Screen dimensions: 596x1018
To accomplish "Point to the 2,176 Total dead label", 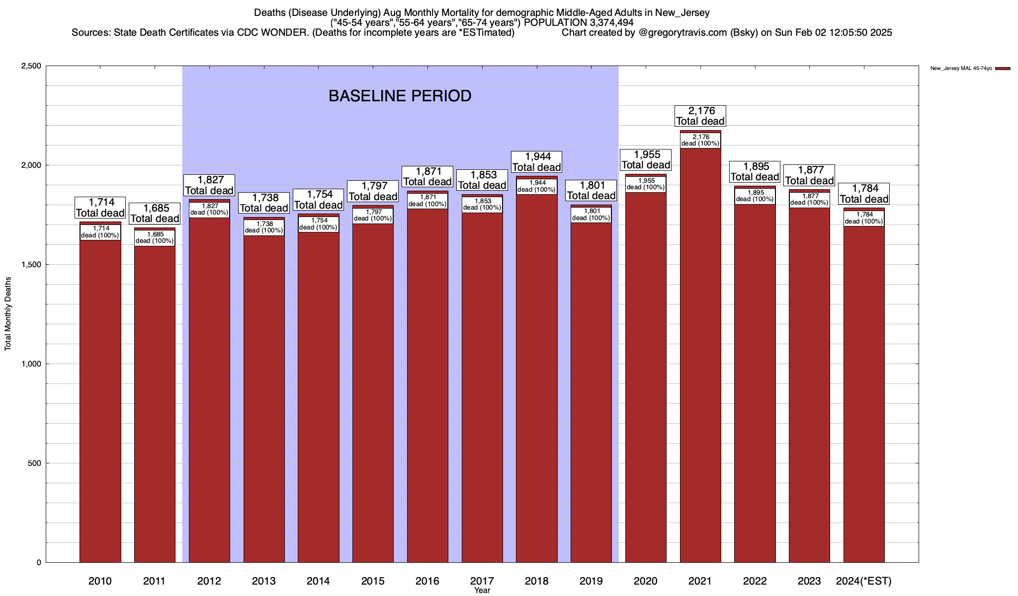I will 700,116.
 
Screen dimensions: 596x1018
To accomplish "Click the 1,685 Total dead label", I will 155,213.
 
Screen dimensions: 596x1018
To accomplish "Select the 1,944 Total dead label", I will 537,162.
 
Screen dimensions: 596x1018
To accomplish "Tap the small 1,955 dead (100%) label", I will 646,184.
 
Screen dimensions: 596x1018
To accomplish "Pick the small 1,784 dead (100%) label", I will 864,218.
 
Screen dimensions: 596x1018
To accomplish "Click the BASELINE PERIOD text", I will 400,96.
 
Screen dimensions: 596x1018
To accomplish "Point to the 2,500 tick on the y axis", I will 31,66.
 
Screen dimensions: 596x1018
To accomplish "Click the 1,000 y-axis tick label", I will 31,364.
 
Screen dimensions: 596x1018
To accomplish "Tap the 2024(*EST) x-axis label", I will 864,581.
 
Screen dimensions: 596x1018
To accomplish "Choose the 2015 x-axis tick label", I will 373,581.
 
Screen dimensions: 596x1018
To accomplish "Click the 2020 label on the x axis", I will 646,581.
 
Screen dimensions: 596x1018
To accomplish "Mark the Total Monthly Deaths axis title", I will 8,313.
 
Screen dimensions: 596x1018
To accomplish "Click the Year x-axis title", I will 482,591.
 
